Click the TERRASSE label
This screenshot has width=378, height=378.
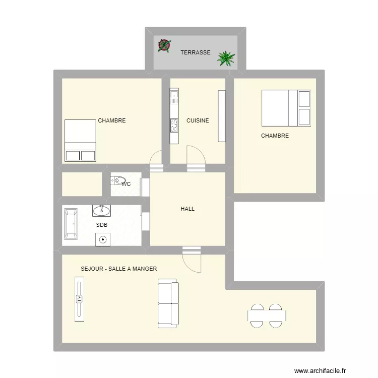196,52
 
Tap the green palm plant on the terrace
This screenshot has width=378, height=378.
226,58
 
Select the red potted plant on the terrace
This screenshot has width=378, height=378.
164,46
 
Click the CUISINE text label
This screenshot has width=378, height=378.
198,120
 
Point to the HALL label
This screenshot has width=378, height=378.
187,209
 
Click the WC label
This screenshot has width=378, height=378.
126,184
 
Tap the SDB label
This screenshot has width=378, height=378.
101,225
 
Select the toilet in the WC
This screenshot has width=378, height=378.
119,179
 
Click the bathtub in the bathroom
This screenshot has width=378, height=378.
70,223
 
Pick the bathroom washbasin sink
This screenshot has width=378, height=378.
102,210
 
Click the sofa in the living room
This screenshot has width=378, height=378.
168,305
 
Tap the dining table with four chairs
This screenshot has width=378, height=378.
267,316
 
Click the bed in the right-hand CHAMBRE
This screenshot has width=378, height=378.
286,108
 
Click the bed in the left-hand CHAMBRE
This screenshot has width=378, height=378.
80,140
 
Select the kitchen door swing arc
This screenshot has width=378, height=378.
196,154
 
